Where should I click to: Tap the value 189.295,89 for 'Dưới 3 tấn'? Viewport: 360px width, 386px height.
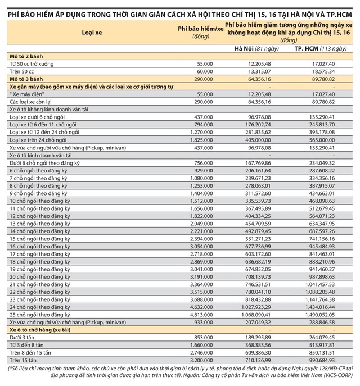(x=258, y=336)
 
